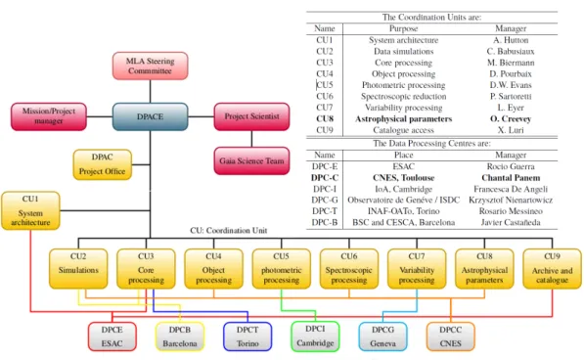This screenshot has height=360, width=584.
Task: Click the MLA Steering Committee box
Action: tap(150, 66)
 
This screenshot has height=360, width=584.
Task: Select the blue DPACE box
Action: tap(150, 116)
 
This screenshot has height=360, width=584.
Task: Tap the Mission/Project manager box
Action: tap(49, 116)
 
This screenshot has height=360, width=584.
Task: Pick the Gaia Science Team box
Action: tap(251, 160)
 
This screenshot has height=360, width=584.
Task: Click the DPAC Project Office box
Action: tap(103, 164)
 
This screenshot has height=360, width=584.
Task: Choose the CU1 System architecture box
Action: tap(30, 210)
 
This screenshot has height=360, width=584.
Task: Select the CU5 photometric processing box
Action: tap(282, 269)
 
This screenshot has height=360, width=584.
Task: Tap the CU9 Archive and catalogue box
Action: tap(553, 269)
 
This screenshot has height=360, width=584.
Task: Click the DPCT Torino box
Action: tap(247, 337)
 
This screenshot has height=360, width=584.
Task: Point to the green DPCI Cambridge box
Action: tap(315, 337)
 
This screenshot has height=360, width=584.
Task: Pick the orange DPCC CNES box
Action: tap(451, 337)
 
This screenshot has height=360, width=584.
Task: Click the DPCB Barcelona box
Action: tap(180, 337)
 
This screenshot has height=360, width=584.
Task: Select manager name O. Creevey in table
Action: tap(511, 118)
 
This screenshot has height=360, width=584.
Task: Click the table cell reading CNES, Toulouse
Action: tap(404, 178)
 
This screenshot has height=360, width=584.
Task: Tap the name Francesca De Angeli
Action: tap(511, 189)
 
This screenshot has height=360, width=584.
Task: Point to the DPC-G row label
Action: tap(325, 200)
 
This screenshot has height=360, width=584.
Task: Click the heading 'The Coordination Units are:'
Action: tap(431, 18)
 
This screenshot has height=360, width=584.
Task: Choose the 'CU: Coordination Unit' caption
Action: tap(229, 231)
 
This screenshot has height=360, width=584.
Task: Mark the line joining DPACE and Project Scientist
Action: tap(202, 116)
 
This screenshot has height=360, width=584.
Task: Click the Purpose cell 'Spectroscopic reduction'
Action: tap(404, 97)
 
